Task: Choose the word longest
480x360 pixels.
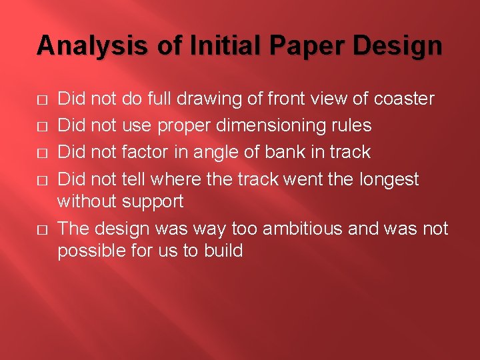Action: (389, 179)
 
